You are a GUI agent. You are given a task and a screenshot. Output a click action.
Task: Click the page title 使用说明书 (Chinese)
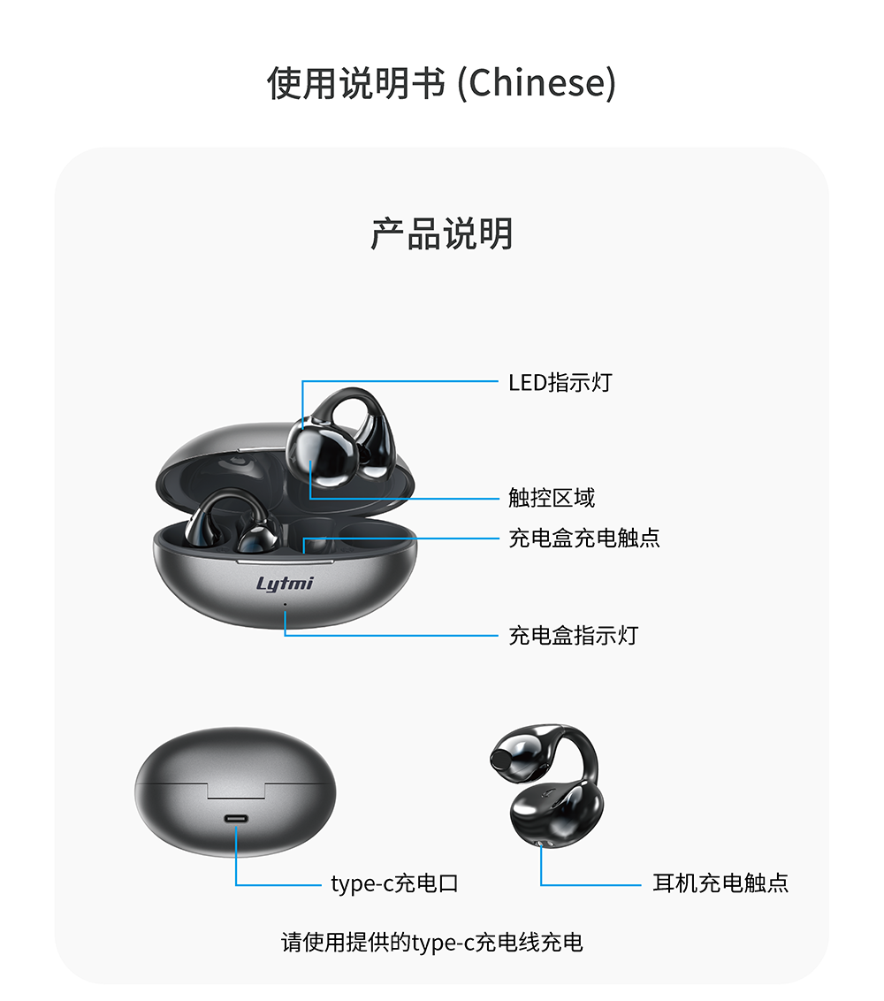tap(441, 83)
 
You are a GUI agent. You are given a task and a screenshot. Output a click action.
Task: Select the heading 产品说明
tap(442, 233)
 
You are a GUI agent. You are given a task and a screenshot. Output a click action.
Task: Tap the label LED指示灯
tap(560, 382)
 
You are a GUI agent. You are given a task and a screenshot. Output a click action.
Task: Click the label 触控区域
tap(552, 497)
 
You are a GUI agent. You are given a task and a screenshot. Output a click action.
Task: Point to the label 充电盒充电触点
tap(584, 538)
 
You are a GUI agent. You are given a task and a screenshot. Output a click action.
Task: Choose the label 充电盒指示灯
tap(573, 635)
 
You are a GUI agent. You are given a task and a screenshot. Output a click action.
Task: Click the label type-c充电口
tap(394, 883)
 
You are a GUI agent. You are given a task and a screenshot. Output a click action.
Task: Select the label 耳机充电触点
tap(720, 883)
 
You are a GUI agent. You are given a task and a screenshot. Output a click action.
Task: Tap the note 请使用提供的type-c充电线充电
tap(432, 943)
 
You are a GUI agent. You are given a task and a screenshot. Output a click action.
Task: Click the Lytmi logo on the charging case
tap(285, 584)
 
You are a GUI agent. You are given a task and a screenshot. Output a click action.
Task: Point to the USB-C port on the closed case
tap(235, 819)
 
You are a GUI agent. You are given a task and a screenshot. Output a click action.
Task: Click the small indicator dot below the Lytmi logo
tap(285, 604)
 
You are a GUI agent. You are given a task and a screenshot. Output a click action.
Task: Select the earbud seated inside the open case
tap(233, 520)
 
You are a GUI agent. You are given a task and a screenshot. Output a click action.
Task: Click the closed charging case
tap(235, 791)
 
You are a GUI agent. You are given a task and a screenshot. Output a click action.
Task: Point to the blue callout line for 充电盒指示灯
tap(392, 635)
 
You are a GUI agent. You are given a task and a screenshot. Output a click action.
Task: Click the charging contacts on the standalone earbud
tap(541, 844)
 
